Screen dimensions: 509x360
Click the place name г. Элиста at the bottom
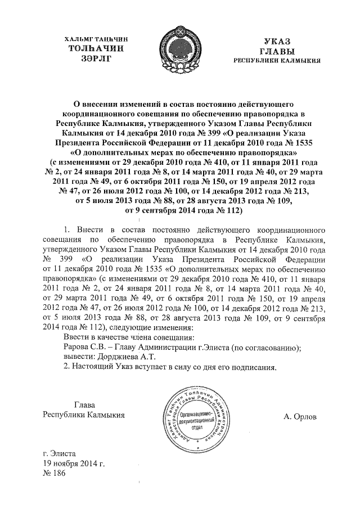click(60, 453)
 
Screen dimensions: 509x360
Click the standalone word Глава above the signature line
click(85, 404)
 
